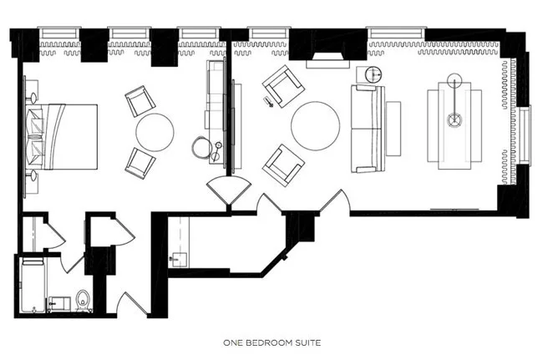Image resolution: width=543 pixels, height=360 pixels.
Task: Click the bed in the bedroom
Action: (63, 137)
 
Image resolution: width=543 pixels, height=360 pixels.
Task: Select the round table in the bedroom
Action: (155, 132)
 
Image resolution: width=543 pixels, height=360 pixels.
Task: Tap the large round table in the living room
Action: (315, 125)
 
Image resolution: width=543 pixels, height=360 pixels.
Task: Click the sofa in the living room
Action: (368, 129)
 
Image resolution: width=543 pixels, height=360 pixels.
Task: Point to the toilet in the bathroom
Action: (83, 301)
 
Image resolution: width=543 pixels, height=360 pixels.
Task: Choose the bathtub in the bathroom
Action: (33, 286)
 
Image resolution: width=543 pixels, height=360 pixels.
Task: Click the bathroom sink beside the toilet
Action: (59, 304)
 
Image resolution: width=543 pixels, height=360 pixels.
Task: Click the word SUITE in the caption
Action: (308, 342)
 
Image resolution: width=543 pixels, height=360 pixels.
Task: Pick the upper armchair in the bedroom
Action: (140, 101)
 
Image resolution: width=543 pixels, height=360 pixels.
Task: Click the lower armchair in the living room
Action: (283, 165)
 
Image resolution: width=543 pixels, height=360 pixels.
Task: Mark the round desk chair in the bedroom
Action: (202, 147)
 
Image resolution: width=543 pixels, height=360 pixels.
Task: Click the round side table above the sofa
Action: (373, 74)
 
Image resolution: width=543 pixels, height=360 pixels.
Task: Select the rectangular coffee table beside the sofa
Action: (393, 129)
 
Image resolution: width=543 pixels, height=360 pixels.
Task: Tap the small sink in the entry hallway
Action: (178, 260)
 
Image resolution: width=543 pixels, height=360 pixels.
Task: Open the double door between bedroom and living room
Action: (229, 190)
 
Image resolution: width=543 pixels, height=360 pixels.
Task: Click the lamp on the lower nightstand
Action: (33, 176)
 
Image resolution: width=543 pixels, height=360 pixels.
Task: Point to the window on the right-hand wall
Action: (525, 135)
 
